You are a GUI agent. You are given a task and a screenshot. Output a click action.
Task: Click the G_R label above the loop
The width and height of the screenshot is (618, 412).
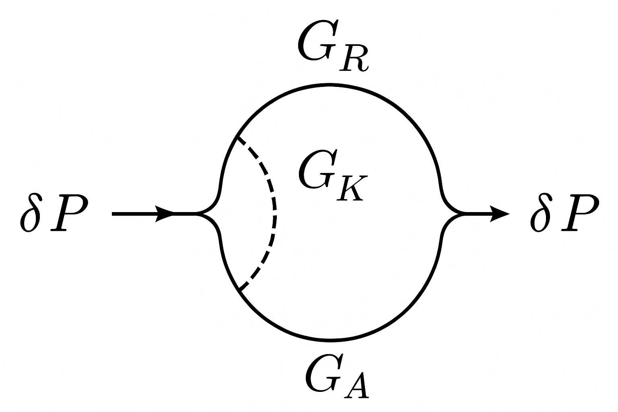pyautogui.click(x=332, y=47)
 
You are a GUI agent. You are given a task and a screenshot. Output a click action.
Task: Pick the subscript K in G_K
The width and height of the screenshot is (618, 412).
pyautogui.click(x=350, y=187)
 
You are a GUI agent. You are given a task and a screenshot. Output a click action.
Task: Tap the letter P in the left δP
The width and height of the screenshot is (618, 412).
pyautogui.click(x=68, y=214)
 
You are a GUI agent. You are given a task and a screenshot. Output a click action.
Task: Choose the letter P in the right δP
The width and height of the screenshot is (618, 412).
pyautogui.click(x=579, y=214)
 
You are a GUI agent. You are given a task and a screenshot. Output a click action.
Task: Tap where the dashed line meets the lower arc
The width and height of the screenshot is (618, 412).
pyautogui.click(x=239, y=290)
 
